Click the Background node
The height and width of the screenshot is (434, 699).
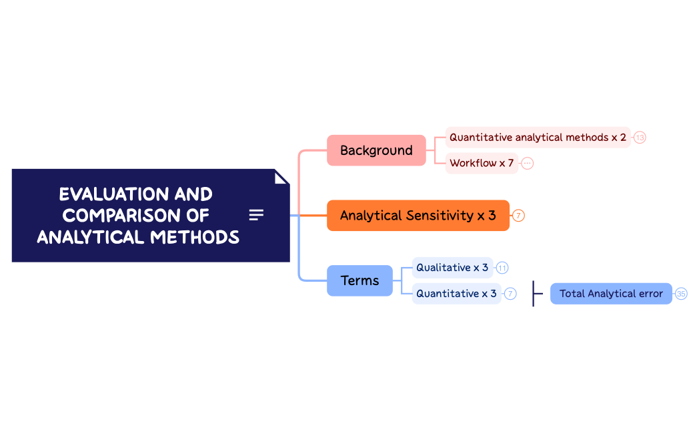pos(376,150)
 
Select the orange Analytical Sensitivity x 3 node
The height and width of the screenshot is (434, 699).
pos(418,216)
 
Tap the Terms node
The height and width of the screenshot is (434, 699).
pos(360,280)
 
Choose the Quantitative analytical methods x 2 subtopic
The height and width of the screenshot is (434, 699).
pos(538,138)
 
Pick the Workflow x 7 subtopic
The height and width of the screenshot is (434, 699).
pos(482,164)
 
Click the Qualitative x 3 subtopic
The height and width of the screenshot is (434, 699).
pos(452,268)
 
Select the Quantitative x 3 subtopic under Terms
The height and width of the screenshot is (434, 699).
pos(456,294)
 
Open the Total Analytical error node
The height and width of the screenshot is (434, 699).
pos(611,294)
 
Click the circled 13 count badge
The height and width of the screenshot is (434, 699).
pos(640,138)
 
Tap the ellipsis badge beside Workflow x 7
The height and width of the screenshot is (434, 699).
pos(528,164)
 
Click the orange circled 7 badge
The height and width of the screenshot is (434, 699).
pos(518,216)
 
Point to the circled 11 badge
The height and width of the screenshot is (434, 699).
pos(502,268)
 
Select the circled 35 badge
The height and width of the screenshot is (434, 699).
pos(681,294)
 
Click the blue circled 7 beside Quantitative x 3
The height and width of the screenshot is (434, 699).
pos(510,294)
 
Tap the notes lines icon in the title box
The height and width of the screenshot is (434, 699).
pos(256,215)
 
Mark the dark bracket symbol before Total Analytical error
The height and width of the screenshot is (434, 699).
pos(537,294)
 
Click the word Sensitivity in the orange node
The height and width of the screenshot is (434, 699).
pos(440,216)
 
